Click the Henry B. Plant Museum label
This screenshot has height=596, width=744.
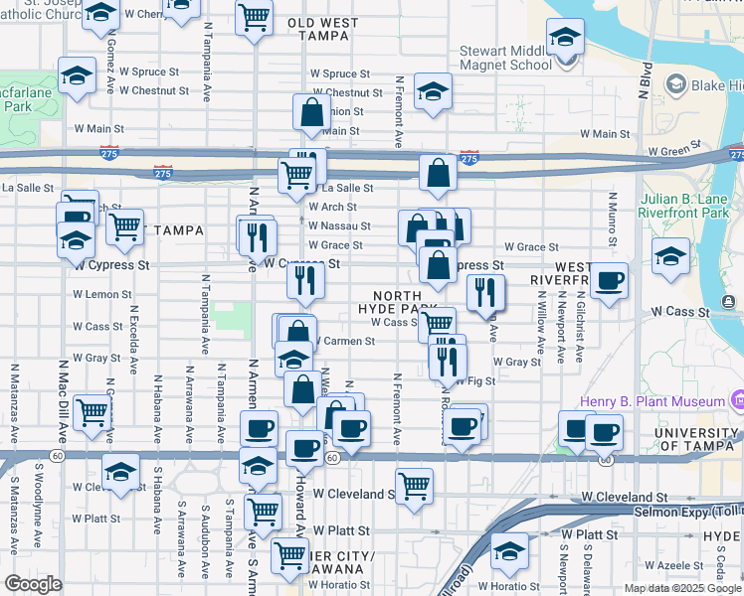(652, 402)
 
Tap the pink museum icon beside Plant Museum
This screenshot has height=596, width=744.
(736, 400)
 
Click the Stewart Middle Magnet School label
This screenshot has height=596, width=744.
(505, 58)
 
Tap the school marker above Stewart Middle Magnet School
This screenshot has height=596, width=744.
(565, 39)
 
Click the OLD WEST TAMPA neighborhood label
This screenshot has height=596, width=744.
(318, 28)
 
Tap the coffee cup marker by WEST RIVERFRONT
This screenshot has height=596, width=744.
(608, 280)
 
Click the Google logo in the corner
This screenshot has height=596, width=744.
(33, 584)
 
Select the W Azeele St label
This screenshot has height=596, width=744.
(682, 564)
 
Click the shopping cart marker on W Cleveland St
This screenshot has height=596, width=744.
(414, 486)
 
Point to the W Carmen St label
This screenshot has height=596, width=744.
(344, 341)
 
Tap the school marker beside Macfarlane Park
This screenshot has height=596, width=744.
(77, 76)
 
